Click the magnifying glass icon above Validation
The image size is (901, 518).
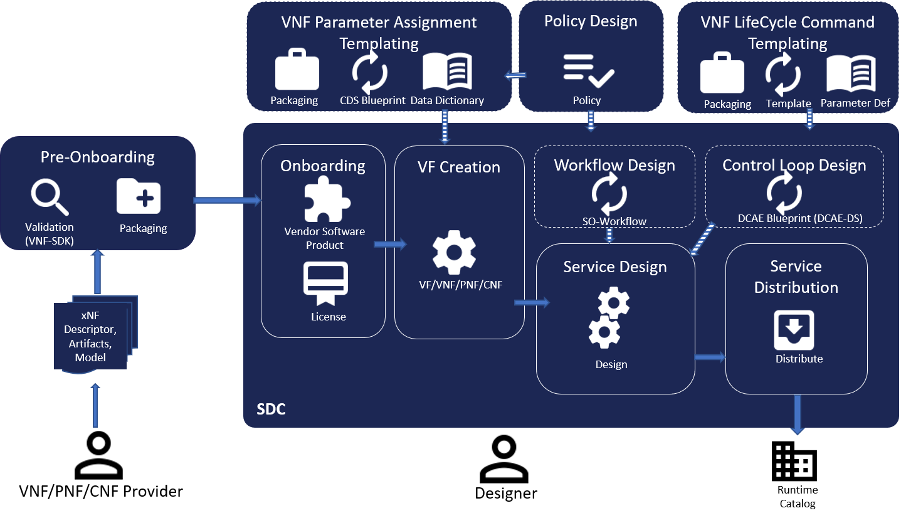[49, 197]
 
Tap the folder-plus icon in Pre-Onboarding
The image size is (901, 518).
[139, 196]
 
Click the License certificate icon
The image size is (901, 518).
[325, 283]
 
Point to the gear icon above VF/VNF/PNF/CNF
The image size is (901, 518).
[454, 252]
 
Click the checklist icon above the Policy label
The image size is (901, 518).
[589, 71]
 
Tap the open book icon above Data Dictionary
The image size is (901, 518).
[447, 71]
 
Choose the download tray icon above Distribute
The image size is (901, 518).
[794, 330]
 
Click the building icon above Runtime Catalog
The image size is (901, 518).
[794, 461]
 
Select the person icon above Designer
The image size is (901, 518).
[504, 459]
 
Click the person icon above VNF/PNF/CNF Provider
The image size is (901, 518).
[98, 455]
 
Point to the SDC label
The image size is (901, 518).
[271, 409]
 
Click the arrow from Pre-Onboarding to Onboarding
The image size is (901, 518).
[228, 200]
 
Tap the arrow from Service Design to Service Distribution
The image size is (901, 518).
[710, 357]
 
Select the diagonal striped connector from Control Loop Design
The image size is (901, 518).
[702, 239]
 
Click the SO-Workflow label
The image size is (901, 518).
[614, 221]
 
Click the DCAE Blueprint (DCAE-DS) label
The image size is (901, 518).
[800, 218]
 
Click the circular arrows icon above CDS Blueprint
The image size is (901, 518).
[370, 72]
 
